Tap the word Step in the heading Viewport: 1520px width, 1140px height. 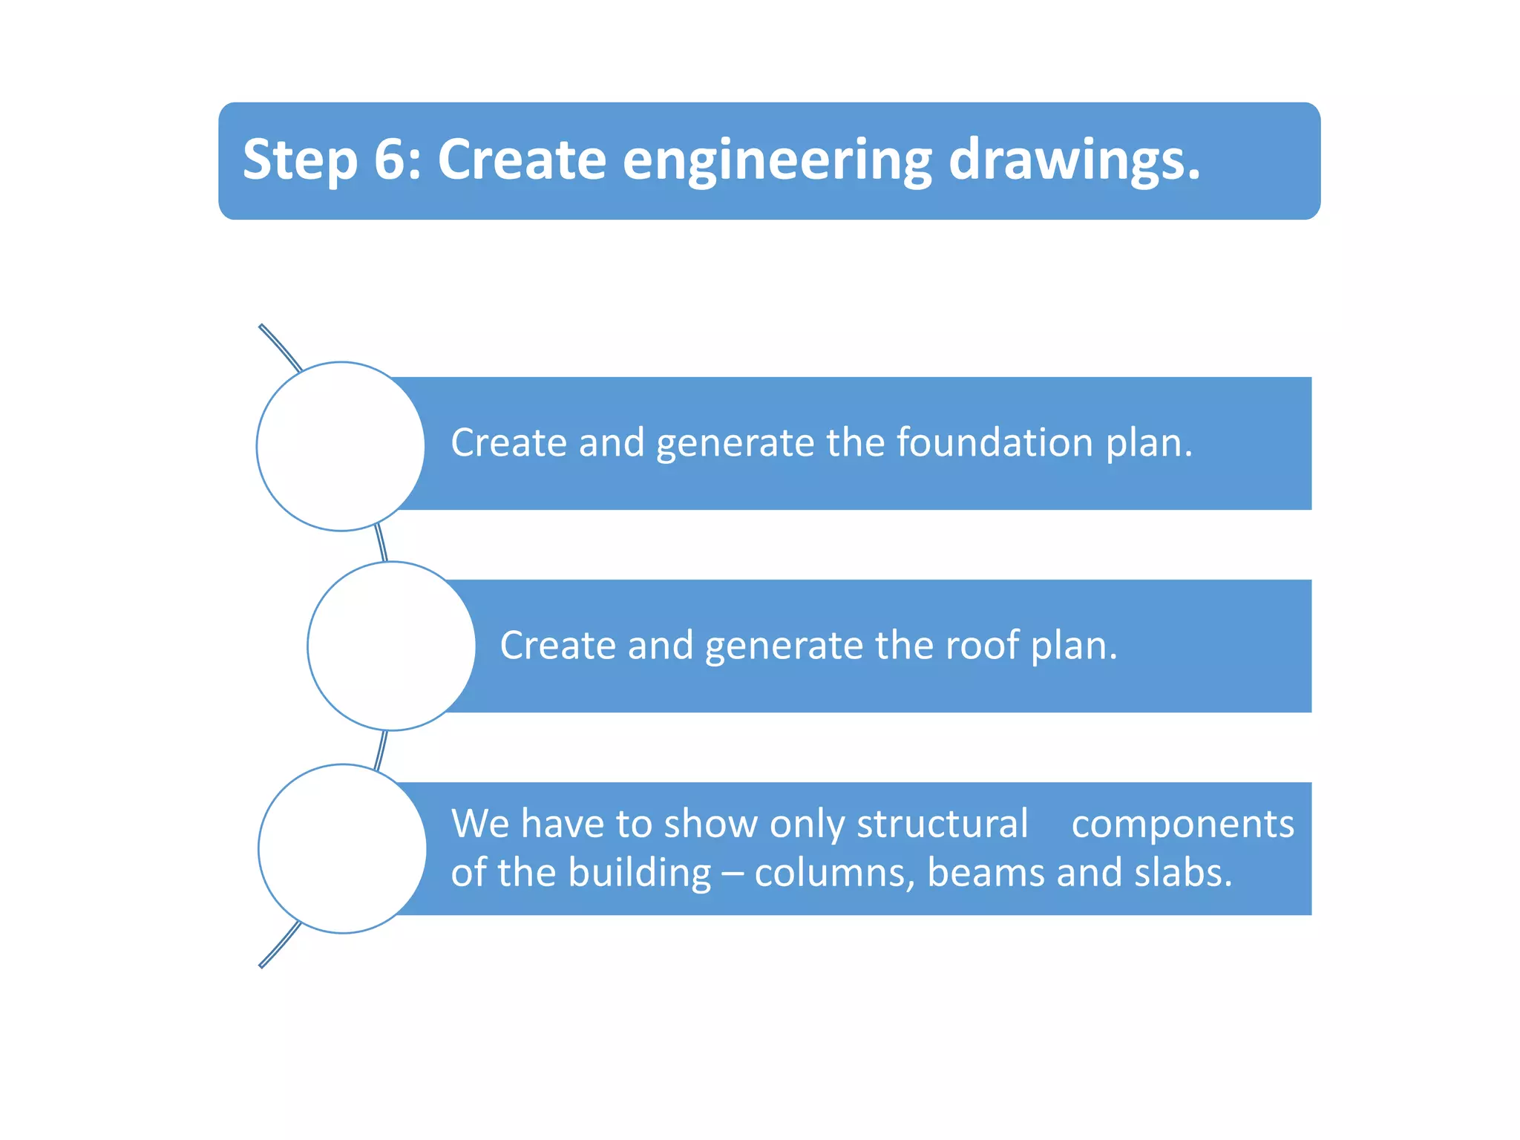pyautogui.click(x=299, y=161)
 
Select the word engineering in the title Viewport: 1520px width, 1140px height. pyautogui.click(x=776, y=161)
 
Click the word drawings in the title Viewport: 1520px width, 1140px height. pyautogui.click(x=1073, y=161)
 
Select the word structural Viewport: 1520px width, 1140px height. pyautogui.click(x=942, y=824)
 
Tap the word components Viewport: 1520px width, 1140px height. pyautogui.click(x=1182, y=824)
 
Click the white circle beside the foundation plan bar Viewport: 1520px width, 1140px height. pyautogui.click(x=341, y=446)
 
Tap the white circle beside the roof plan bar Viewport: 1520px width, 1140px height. pyautogui.click(x=391, y=646)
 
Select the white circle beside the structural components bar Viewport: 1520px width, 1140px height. pyautogui.click(x=342, y=848)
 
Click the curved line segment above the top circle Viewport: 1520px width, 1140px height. pyautogui.click(x=281, y=347)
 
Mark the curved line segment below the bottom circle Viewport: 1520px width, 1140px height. pyautogui.click(x=280, y=945)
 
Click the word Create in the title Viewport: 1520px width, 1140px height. pyautogui.click(x=522, y=160)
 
